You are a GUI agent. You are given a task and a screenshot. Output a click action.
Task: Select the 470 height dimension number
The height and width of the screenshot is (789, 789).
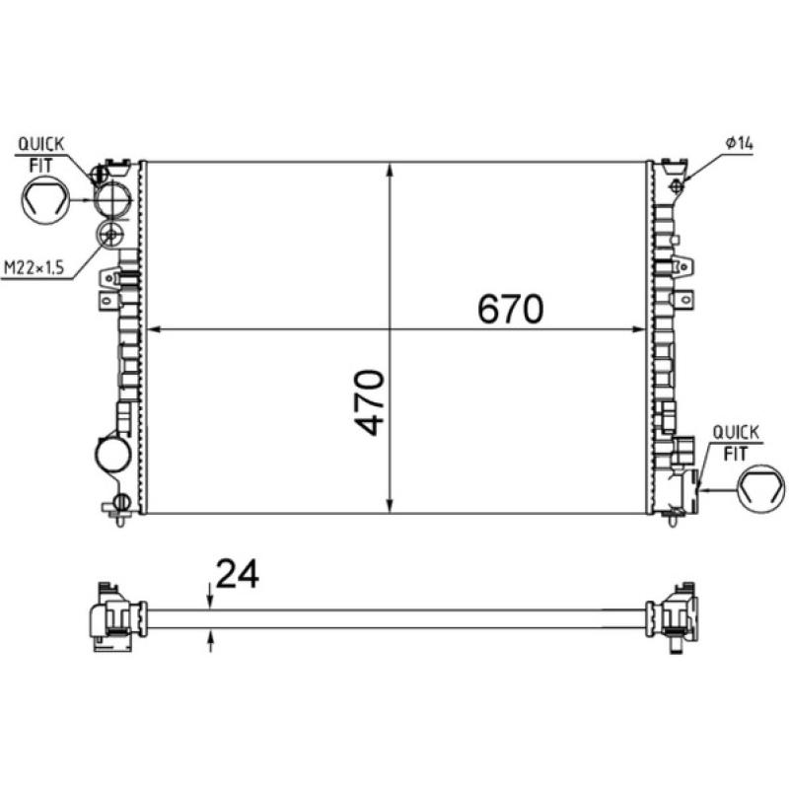(370, 403)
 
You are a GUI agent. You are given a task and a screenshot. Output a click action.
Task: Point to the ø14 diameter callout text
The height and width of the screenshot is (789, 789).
(738, 144)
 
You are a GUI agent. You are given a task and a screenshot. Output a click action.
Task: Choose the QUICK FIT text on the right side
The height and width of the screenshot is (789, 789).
(735, 443)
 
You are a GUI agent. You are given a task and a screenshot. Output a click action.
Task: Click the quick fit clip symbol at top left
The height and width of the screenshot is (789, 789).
(43, 202)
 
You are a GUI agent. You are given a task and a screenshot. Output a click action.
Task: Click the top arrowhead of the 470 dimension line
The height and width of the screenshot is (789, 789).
(392, 170)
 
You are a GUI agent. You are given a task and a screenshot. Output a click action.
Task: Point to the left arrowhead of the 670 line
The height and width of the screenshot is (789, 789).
(152, 329)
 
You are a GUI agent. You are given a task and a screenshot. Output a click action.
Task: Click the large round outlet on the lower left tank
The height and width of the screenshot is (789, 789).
(111, 455)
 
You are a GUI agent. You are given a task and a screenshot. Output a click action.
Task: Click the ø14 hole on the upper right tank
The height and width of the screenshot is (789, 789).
(677, 185)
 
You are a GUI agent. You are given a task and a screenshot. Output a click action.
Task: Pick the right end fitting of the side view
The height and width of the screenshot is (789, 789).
(673, 616)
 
